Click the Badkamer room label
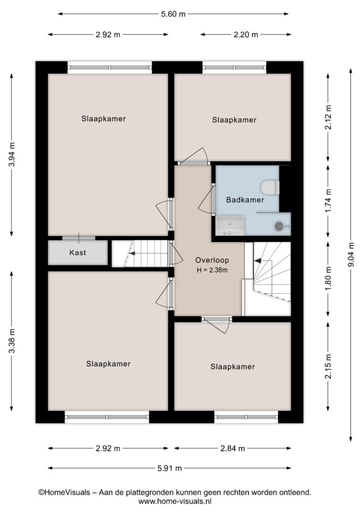[x=245, y=199]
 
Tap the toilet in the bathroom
[x=270, y=188]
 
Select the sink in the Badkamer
[x=230, y=225]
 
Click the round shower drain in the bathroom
[x=279, y=226]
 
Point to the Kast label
[x=77, y=252]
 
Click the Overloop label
[x=212, y=261]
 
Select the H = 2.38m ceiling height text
[x=212, y=270]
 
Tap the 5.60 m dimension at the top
[x=173, y=14]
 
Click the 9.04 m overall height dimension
[x=351, y=255]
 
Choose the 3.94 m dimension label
[x=12, y=154]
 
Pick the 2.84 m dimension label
[x=232, y=448]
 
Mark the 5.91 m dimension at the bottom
[x=169, y=468]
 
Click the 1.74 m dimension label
[x=328, y=200]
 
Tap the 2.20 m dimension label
[x=246, y=35]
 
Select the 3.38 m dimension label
[x=12, y=341]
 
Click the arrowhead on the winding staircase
[x=257, y=261]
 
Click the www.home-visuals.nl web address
[x=175, y=501]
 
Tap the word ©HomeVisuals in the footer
[x=64, y=492]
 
